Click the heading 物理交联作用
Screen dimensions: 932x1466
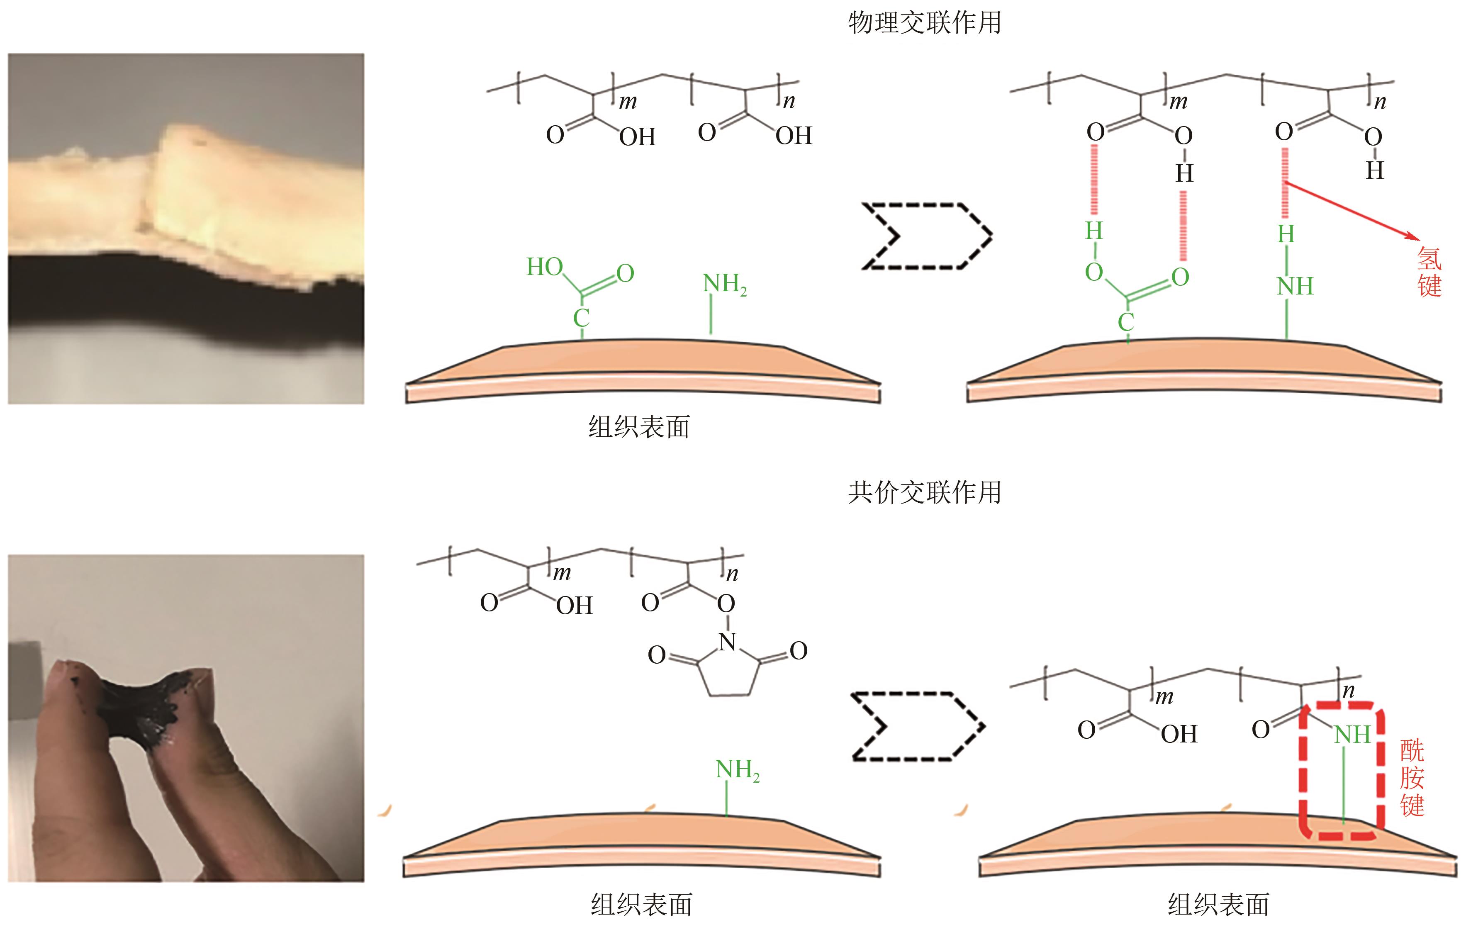click(x=924, y=23)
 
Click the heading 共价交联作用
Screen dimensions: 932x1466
click(x=924, y=492)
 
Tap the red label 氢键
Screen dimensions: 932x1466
click(x=1429, y=272)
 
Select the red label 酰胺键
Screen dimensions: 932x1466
click(x=1412, y=778)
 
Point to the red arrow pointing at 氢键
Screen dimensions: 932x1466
click(x=1352, y=210)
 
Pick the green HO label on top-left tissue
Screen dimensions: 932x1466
click(x=544, y=267)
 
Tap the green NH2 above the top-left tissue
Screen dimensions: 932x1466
click(x=724, y=284)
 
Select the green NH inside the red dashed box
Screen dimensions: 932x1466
click(x=1352, y=735)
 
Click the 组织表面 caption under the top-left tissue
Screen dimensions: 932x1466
click(x=639, y=427)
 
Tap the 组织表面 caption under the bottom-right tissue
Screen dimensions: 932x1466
click(x=1218, y=905)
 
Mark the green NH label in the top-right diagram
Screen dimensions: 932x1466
click(x=1295, y=286)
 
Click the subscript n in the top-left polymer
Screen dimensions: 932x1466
click(x=789, y=102)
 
